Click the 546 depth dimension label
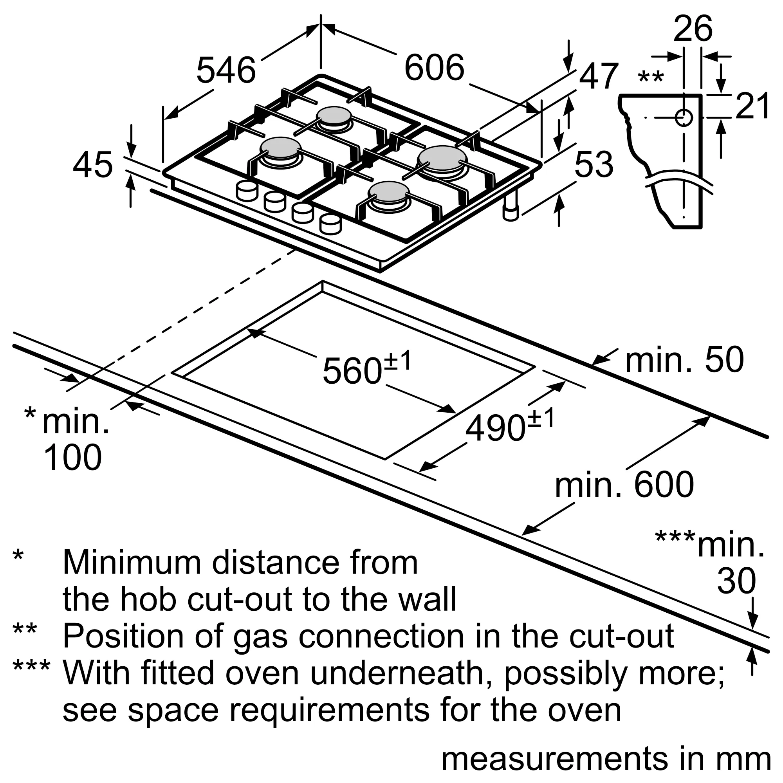(x=226, y=70)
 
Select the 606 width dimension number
(x=434, y=67)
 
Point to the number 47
(x=599, y=76)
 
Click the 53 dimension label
(x=594, y=164)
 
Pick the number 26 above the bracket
(x=693, y=28)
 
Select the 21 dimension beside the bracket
(x=752, y=106)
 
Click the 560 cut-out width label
(x=352, y=370)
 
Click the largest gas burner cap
(x=442, y=159)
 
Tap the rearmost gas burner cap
(x=334, y=116)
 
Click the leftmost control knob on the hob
(x=247, y=191)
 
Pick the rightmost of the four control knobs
(x=330, y=224)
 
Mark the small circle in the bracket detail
(x=684, y=117)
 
